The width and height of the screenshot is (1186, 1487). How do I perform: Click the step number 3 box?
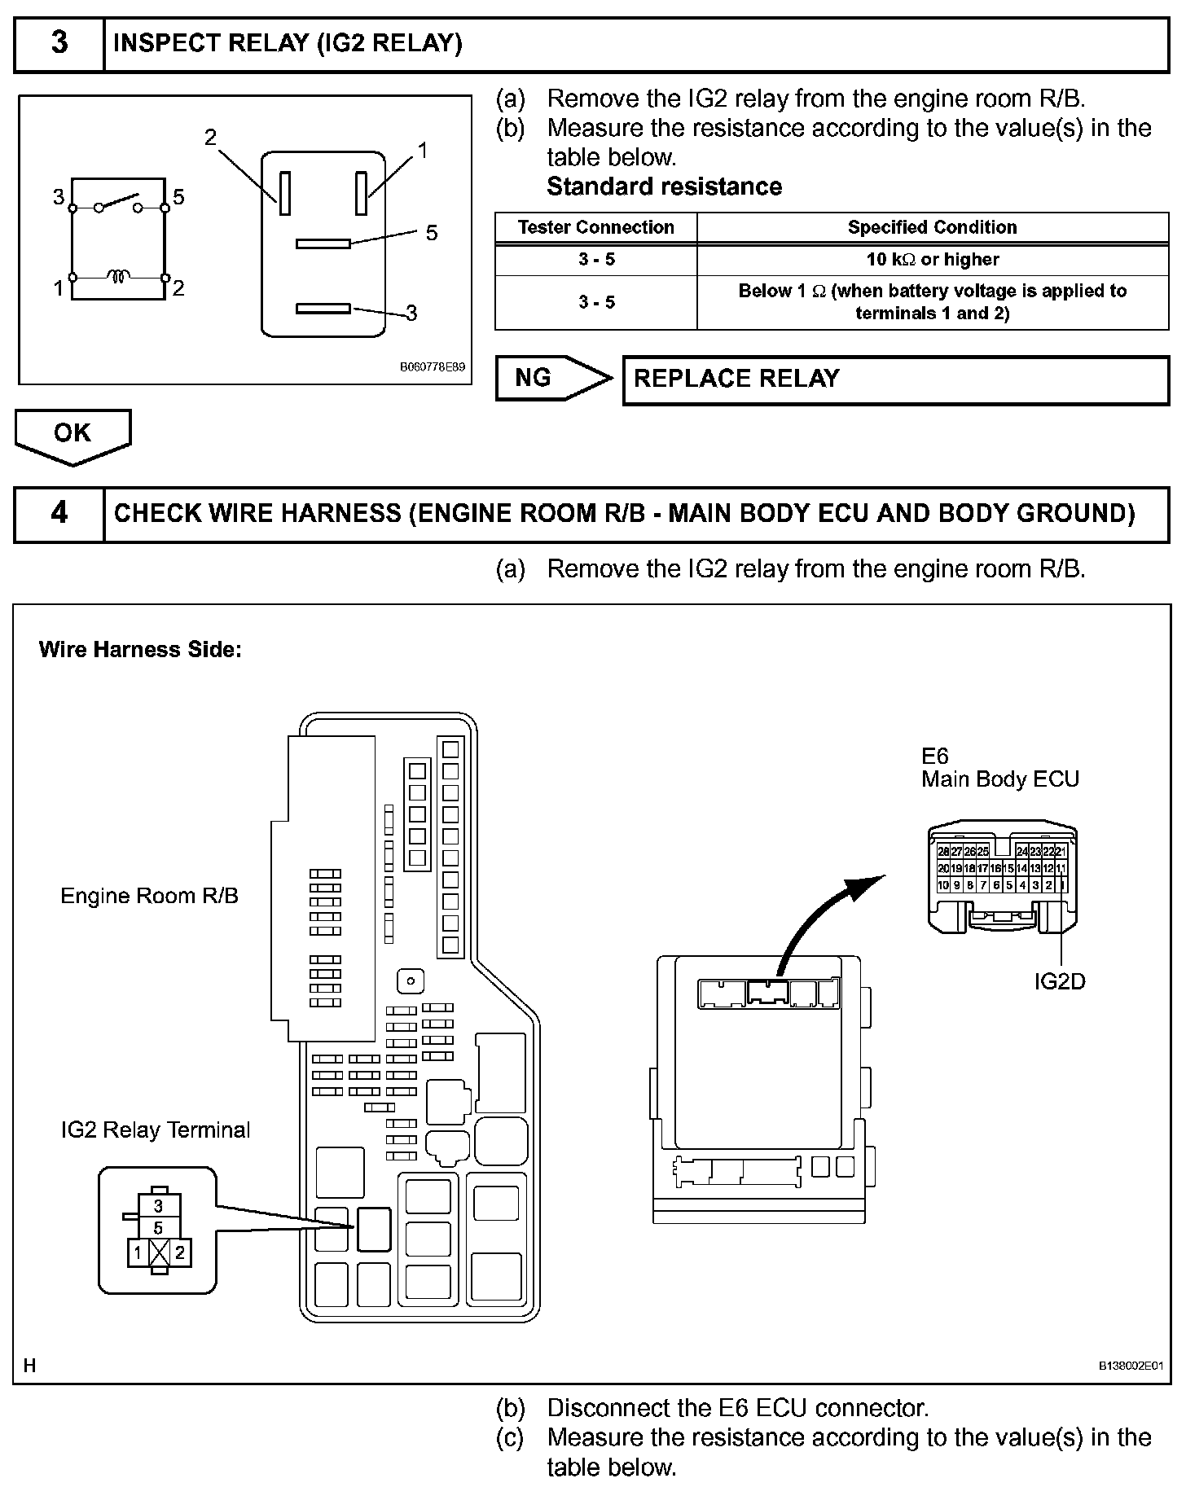click(x=59, y=44)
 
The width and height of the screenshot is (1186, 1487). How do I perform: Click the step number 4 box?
click(x=59, y=514)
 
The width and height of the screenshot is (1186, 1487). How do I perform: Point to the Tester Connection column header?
click(x=595, y=227)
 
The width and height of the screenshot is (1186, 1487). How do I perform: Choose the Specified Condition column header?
click(x=932, y=227)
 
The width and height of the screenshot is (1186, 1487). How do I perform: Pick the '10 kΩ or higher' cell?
click(x=932, y=260)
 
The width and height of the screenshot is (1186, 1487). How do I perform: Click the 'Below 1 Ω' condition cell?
click(x=932, y=302)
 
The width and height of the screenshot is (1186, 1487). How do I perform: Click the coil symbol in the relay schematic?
click(x=119, y=278)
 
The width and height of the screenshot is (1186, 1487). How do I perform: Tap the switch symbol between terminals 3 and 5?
click(x=119, y=202)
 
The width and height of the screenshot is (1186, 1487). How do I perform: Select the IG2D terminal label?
click(x=1060, y=981)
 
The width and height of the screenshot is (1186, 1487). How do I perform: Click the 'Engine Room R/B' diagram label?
click(x=149, y=896)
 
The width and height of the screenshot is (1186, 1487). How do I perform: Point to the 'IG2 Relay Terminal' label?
click(x=156, y=1130)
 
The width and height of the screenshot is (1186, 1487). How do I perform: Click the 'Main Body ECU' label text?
click(x=1000, y=779)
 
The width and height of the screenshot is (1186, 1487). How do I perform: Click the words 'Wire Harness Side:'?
click(x=140, y=650)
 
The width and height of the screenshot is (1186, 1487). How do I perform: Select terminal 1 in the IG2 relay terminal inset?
click(x=138, y=1253)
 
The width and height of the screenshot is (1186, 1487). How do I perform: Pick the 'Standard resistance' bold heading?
click(x=664, y=186)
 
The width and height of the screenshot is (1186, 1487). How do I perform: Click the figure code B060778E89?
click(x=432, y=367)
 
